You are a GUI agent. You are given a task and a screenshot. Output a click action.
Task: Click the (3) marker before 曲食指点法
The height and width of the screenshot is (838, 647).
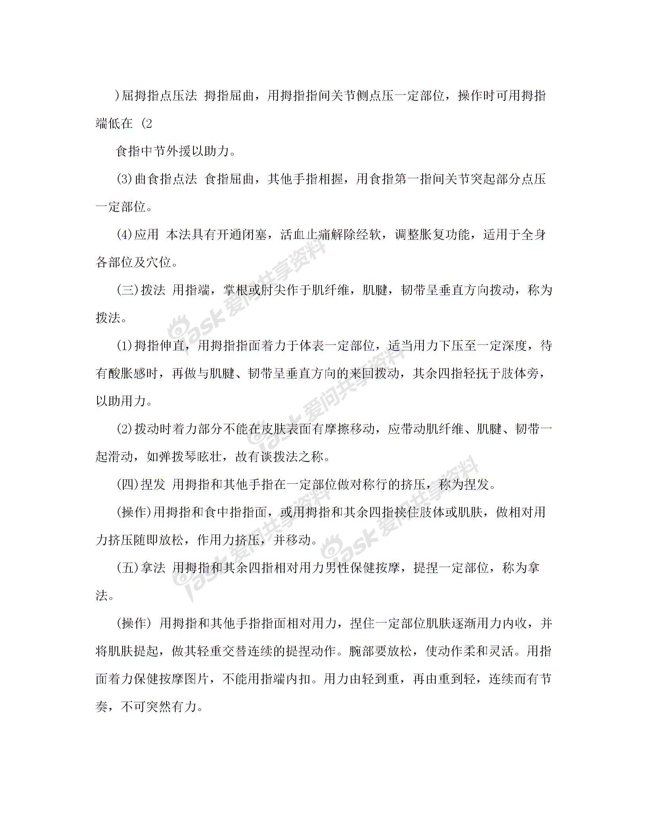click(x=124, y=179)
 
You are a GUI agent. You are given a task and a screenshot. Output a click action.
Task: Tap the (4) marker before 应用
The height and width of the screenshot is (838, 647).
click(x=124, y=235)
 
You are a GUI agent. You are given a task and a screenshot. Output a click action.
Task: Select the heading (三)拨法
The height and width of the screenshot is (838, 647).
click(x=141, y=290)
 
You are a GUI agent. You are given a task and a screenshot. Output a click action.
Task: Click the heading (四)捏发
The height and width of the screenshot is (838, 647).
click(x=141, y=485)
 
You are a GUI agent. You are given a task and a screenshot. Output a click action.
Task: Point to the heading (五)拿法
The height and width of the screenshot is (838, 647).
click(x=141, y=568)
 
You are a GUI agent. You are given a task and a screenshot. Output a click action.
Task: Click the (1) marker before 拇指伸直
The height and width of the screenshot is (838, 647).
click(x=124, y=346)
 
